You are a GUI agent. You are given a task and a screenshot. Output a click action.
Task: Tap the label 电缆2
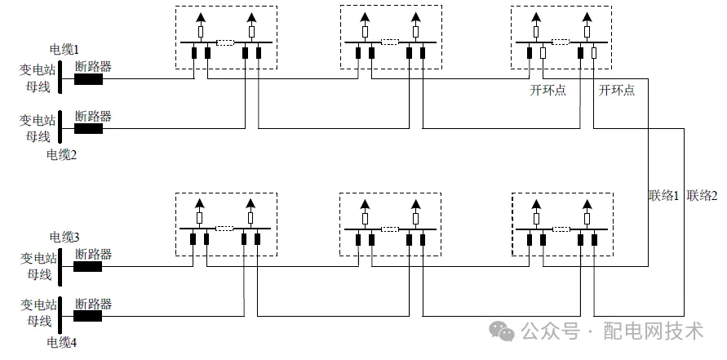point(62,153)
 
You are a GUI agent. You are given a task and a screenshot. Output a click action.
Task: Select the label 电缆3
point(64,237)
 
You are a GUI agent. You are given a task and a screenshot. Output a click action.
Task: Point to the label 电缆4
point(62,342)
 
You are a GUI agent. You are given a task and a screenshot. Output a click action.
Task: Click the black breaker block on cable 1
point(88,79)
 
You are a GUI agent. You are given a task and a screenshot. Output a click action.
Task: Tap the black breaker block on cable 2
point(88,128)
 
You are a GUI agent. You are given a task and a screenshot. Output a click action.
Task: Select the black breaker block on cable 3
point(88,266)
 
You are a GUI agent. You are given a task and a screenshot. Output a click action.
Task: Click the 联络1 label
point(664,195)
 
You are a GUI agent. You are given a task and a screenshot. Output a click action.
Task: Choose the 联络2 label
point(703,195)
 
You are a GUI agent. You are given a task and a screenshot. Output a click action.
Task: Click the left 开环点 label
point(548,91)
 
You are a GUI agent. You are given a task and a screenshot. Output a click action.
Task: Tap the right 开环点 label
point(617,91)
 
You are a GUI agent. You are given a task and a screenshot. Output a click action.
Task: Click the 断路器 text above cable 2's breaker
point(93,116)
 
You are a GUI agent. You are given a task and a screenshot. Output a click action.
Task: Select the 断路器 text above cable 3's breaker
point(93,254)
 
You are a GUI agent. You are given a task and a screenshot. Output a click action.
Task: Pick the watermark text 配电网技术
point(653,331)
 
